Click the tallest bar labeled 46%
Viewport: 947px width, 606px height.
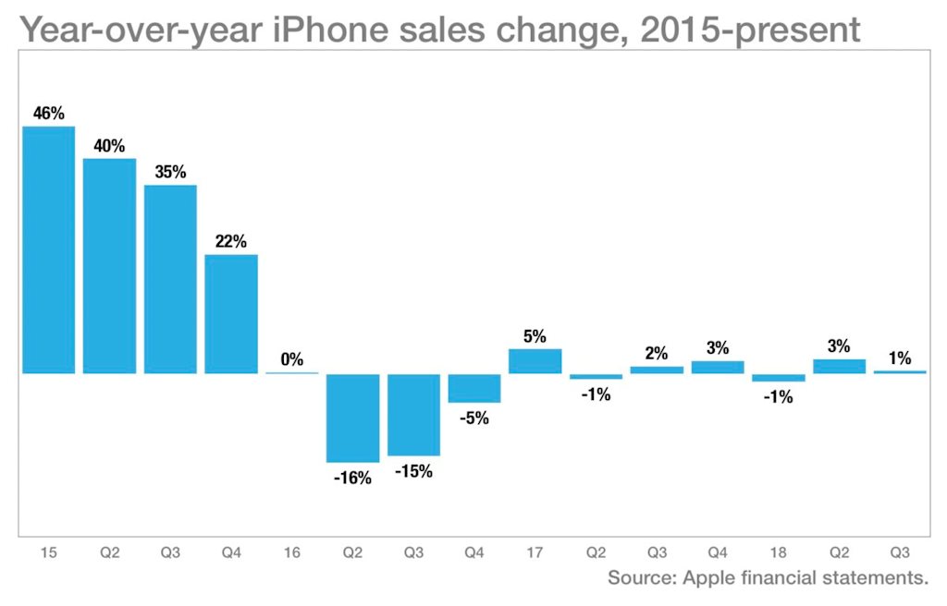point(48,249)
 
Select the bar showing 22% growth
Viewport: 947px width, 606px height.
point(231,314)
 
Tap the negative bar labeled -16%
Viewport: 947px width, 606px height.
point(352,418)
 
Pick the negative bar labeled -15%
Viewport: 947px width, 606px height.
point(413,415)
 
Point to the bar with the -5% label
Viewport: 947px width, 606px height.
point(474,388)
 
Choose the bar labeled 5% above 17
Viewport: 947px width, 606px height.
point(535,361)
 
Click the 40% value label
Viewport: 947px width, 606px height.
point(109,146)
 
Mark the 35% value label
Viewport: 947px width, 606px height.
point(170,173)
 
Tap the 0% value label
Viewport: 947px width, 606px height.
point(291,359)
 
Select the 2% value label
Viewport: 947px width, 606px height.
point(657,353)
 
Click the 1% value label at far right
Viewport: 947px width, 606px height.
point(900,358)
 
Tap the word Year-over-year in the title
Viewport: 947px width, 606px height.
point(141,30)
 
